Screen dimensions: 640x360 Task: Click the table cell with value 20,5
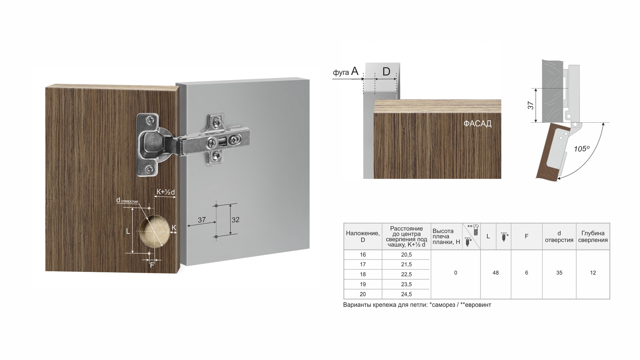[x=406, y=255]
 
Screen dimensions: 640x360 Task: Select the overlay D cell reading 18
[x=363, y=274]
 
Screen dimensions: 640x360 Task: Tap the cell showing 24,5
[x=406, y=294]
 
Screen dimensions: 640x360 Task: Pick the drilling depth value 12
[x=593, y=273]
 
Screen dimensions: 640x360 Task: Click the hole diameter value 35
[x=559, y=273]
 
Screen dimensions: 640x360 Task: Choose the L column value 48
[x=495, y=273]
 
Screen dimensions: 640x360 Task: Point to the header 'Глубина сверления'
[x=593, y=237]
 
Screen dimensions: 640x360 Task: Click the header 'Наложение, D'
[x=363, y=237]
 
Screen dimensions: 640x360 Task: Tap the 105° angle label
[x=582, y=149]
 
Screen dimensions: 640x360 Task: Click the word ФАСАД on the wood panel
[x=477, y=124]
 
